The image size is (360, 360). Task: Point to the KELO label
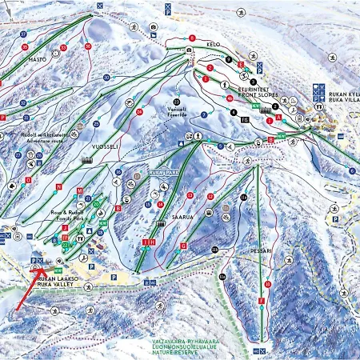pos(212,44)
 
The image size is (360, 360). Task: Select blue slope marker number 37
pos(25,34)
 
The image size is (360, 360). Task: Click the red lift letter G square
pos(184,245)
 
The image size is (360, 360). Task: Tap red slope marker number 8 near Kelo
pos(192,38)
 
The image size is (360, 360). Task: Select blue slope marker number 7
pos(204,115)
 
